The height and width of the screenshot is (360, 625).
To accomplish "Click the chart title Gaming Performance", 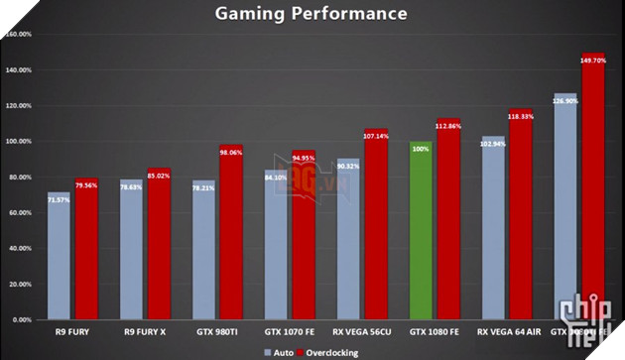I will (312, 14).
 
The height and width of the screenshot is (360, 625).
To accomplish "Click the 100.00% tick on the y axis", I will (19, 141).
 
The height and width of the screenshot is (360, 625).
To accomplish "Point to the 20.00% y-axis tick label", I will (19, 285).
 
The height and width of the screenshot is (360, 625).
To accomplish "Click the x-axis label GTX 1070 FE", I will (289, 330).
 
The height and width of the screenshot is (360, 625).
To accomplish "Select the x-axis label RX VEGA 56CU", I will (361, 330).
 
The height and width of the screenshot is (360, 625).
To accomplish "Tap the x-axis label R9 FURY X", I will (145, 330).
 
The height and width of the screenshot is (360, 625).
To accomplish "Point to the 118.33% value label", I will (522, 116).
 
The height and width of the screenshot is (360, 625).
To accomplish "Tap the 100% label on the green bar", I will (421, 150).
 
